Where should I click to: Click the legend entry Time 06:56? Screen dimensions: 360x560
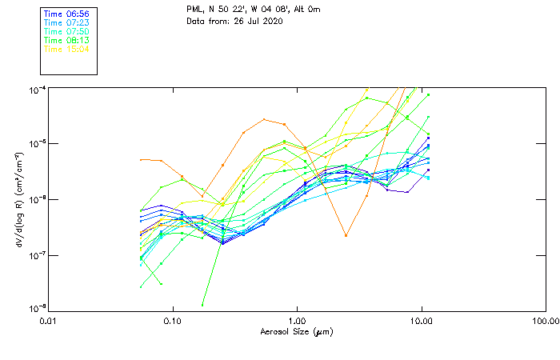(66, 14)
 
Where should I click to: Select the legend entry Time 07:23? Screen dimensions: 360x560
(66, 23)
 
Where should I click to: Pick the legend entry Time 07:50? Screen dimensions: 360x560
(66, 32)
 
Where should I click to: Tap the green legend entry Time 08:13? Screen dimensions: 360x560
(66, 40)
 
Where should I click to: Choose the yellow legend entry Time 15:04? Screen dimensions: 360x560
(66, 49)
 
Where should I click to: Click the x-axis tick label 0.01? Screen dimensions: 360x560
(49, 321)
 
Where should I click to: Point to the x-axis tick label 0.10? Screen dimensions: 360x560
(173, 321)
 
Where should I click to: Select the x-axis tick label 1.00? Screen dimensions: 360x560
(297, 321)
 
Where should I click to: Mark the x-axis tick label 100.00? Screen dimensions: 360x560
(545, 321)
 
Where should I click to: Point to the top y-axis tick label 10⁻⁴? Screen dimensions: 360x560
(36, 88)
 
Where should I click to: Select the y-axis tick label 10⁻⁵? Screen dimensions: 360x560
(36, 143)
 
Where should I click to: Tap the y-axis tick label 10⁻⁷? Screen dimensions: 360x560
(36, 254)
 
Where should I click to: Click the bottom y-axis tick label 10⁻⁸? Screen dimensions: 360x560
(36, 309)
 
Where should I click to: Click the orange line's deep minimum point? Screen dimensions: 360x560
(346, 235)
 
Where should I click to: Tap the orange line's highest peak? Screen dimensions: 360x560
(265, 119)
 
